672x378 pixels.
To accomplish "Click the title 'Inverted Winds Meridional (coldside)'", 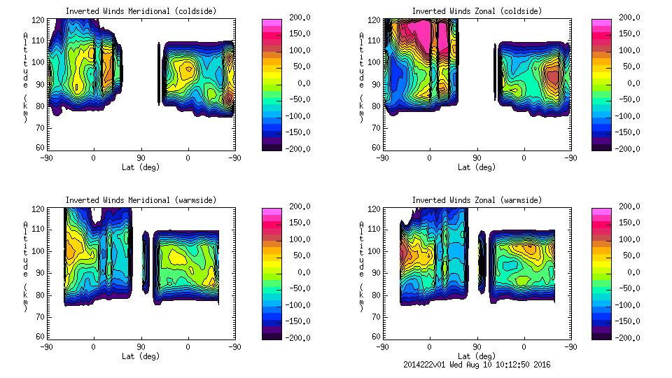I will tap(141, 11).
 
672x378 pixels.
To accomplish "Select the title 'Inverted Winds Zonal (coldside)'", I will tap(477, 11).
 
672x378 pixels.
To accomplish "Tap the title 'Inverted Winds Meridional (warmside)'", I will tap(141, 200).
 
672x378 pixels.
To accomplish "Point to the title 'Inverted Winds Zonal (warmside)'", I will tap(477, 200).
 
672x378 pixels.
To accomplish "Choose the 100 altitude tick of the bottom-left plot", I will tap(39, 251).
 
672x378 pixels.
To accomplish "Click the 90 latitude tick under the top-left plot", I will tap(141, 158).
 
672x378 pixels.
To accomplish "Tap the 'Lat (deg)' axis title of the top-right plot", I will tap(477, 167).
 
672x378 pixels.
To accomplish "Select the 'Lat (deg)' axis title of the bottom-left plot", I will tap(141, 356).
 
